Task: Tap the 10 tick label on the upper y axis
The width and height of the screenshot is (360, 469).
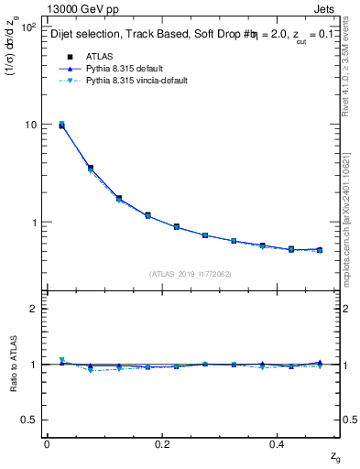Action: [29, 125]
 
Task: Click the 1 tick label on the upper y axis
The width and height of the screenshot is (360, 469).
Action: [32, 223]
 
